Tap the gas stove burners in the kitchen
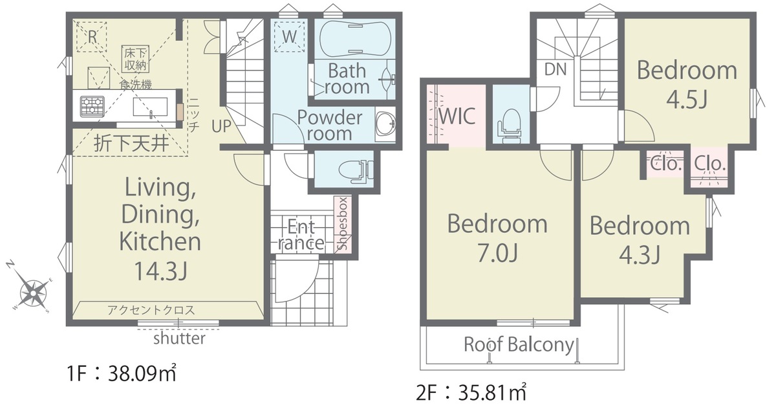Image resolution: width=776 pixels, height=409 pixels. pos(92,106)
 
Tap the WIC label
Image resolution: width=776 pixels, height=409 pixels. pos(457,116)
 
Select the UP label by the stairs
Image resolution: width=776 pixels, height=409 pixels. pos(221,126)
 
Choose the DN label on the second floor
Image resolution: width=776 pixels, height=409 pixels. pos(555,69)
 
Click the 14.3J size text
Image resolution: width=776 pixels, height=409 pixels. pos(160,271)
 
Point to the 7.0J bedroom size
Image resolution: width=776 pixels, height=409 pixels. pos(497,253)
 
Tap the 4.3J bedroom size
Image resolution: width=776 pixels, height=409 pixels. pos(640,255)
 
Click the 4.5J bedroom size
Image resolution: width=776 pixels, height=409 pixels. pos(687,99)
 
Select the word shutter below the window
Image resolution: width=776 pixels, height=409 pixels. pos(179,338)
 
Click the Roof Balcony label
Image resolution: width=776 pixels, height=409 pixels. pos(519,345)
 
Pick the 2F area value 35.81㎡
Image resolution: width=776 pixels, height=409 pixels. pos(492,393)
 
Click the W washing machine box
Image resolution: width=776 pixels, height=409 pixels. pos(290,36)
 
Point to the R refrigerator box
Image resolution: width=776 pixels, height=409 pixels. pos(92,36)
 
